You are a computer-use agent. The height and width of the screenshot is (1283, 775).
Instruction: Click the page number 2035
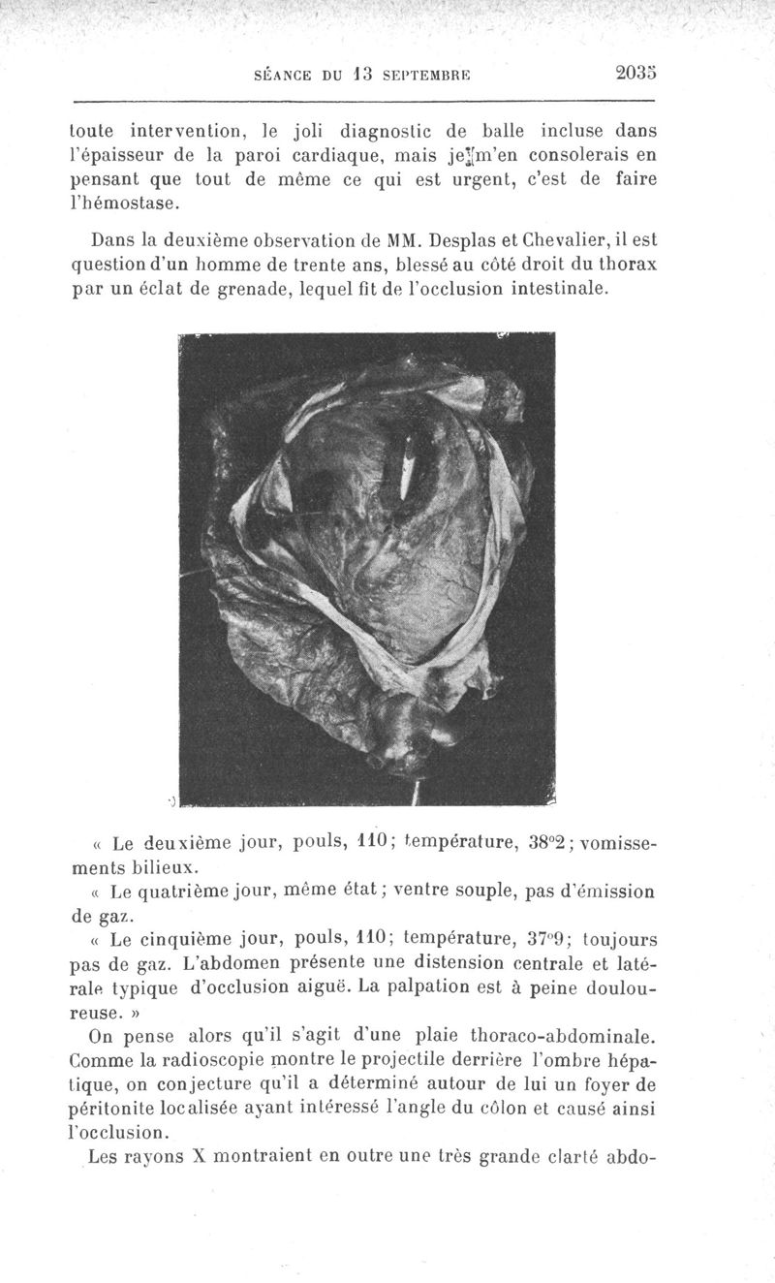pyautogui.click(x=635, y=72)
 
